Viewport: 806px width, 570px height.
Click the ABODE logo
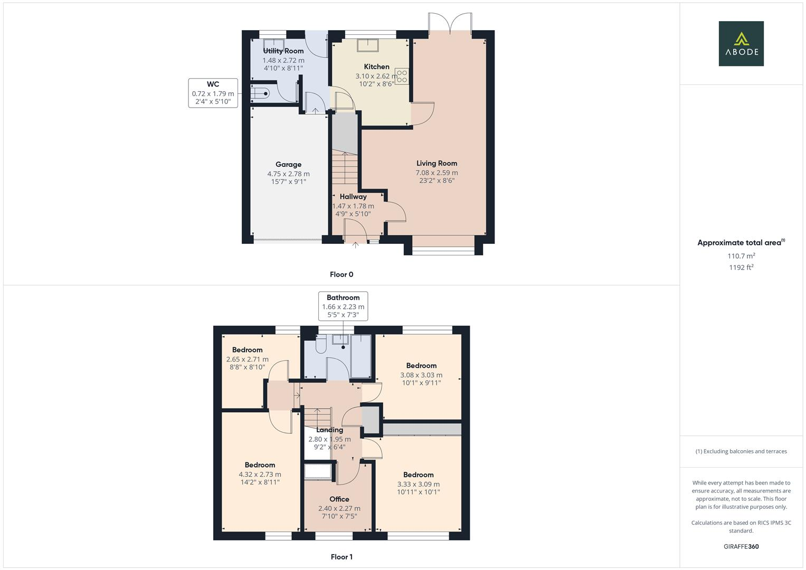[741, 43]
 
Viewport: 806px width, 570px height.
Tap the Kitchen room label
[376, 66]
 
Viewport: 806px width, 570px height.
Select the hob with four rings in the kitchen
[402, 76]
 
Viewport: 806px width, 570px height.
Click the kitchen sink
[368, 45]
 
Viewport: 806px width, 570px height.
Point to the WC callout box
[213, 93]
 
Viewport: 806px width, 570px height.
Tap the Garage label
[288, 164]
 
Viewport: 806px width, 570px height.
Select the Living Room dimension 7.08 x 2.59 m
[437, 173]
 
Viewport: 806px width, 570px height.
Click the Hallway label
[353, 196]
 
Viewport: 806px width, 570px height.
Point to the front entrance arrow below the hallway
[355, 245]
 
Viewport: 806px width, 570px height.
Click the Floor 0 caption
[342, 274]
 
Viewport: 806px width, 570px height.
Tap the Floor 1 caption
[342, 557]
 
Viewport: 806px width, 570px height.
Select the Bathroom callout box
[343, 306]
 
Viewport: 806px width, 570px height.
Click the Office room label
[339, 499]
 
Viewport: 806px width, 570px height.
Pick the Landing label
[329, 430]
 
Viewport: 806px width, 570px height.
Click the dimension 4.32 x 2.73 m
[260, 474]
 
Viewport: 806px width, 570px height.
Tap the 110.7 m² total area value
[741, 256]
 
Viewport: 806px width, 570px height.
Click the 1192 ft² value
[741, 268]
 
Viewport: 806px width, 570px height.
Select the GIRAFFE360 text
[741, 547]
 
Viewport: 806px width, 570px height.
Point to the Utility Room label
[283, 51]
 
